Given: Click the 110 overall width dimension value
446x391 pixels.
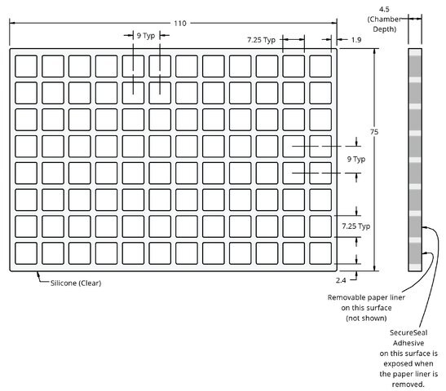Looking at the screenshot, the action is click(x=180, y=23).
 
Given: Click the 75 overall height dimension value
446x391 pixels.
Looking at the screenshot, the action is click(x=374, y=132).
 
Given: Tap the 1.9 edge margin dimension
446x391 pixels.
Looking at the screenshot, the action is click(x=356, y=40).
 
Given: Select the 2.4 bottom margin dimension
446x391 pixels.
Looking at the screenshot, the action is click(x=341, y=280).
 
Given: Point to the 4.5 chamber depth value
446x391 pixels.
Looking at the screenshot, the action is click(x=384, y=9).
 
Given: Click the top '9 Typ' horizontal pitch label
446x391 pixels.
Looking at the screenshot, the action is click(x=146, y=36).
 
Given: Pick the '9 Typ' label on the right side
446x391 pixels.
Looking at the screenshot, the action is click(x=356, y=159).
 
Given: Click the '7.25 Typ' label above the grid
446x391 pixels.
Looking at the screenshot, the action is click(x=261, y=40).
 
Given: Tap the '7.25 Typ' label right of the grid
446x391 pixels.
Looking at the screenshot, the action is click(x=355, y=226).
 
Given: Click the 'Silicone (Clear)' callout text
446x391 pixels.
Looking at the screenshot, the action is click(x=76, y=283).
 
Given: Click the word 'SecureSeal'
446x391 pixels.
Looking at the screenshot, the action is click(x=408, y=332).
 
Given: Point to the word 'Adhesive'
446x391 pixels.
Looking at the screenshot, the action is click(x=408, y=343).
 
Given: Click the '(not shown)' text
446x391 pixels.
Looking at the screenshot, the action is click(x=366, y=318).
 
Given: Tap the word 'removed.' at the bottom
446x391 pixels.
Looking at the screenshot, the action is click(x=408, y=384).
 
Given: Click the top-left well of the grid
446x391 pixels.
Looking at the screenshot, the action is click(x=26, y=66).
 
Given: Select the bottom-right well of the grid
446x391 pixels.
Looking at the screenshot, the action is click(x=320, y=253).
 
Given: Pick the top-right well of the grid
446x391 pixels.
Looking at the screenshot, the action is click(x=320, y=66).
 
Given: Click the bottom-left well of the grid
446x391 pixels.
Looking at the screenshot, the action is click(x=26, y=253).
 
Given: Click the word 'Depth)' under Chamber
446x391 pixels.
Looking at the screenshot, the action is click(x=384, y=29).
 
